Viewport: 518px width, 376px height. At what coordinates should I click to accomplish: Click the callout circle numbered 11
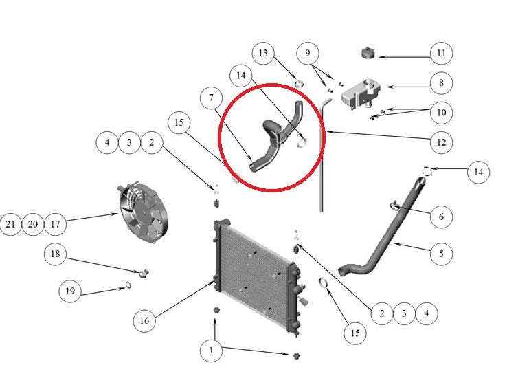pyautogui.click(x=441, y=53)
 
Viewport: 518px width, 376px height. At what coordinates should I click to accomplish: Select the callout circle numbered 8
pyautogui.click(x=441, y=83)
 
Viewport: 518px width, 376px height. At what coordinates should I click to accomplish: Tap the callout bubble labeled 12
pyautogui.click(x=441, y=142)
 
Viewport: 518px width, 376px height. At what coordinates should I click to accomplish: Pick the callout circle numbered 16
pyautogui.click(x=144, y=320)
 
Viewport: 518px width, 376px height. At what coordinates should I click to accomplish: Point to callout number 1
pyautogui.click(x=211, y=351)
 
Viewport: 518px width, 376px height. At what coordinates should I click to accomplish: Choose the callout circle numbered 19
pyautogui.click(x=70, y=291)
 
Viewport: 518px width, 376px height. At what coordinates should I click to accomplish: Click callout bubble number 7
pyautogui.click(x=212, y=98)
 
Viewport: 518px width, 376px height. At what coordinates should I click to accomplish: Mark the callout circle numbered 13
pyautogui.click(x=263, y=53)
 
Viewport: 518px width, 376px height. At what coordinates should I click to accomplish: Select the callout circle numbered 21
pyautogui.click(x=10, y=224)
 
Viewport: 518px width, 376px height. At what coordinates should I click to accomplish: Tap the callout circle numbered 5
pyautogui.click(x=441, y=254)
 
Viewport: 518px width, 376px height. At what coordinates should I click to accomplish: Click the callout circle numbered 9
pyautogui.click(x=308, y=53)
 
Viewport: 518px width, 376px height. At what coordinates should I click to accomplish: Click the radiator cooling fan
pyautogui.click(x=143, y=212)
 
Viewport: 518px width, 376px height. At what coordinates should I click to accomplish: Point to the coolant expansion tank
pyautogui.click(x=361, y=93)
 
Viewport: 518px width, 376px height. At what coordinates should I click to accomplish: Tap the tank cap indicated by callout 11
pyautogui.click(x=368, y=53)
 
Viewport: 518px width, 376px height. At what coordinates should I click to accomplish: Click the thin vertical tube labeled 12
pyautogui.click(x=322, y=155)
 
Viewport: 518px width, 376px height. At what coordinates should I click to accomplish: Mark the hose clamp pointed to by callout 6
pyautogui.click(x=394, y=206)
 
